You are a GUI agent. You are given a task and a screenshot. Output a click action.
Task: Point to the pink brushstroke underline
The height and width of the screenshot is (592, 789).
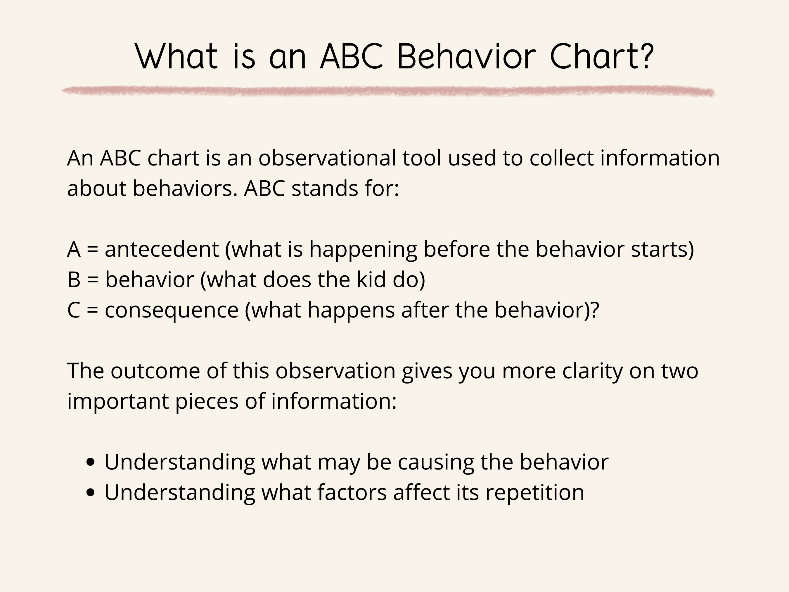[x=388, y=91]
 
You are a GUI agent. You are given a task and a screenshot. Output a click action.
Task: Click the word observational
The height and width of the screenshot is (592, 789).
[x=327, y=158]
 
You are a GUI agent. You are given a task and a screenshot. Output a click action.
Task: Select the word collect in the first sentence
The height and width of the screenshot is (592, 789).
[x=561, y=158]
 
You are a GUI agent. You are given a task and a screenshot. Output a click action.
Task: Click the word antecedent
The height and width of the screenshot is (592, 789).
[x=162, y=249]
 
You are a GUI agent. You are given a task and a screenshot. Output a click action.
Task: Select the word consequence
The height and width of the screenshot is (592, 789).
[x=172, y=310]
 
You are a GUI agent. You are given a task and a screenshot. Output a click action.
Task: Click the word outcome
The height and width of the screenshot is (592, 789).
[x=155, y=371]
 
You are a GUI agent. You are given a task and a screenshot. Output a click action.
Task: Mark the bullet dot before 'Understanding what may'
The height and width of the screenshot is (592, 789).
[x=91, y=462]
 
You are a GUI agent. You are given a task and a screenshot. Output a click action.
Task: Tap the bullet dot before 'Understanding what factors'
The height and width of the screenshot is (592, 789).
[x=91, y=493]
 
